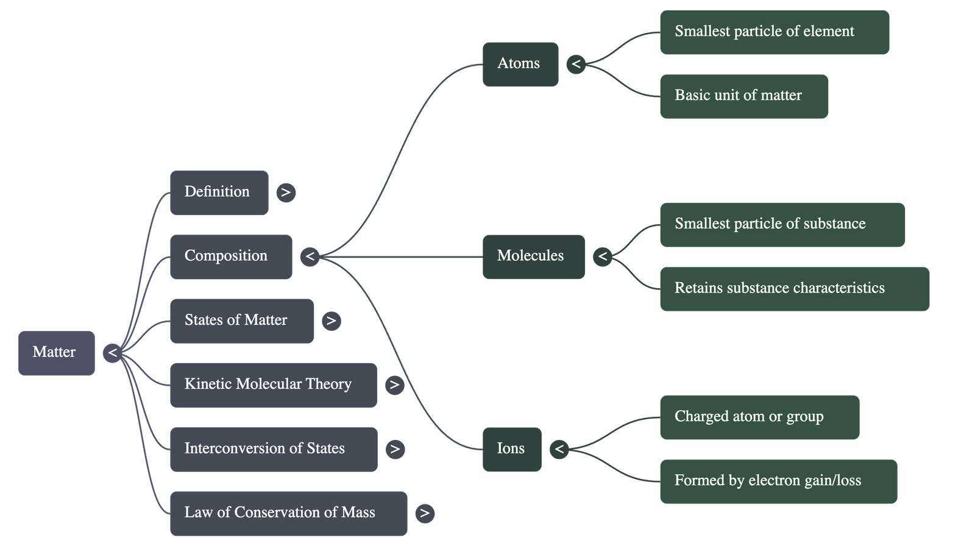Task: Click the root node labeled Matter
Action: (56, 353)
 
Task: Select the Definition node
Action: (219, 192)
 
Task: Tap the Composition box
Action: (230, 257)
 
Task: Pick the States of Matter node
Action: (241, 321)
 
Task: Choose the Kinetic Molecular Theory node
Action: (273, 385)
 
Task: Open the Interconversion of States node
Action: (273, 449)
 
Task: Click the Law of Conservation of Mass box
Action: (288, 513)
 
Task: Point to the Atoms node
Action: (520, 64)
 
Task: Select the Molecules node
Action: (533, 257)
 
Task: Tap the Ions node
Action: (511, 449)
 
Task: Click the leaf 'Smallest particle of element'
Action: (774, 32)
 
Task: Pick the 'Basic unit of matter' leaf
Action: (743, 96)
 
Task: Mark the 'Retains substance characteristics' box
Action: (794, 289)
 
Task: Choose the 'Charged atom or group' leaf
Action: (759, 417)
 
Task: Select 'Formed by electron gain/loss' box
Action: (778, 481)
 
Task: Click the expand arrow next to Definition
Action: (286, 193)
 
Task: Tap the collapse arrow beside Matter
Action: (112, 353)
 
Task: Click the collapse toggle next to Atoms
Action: (576, 64)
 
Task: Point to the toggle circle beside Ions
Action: (559, 450)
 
